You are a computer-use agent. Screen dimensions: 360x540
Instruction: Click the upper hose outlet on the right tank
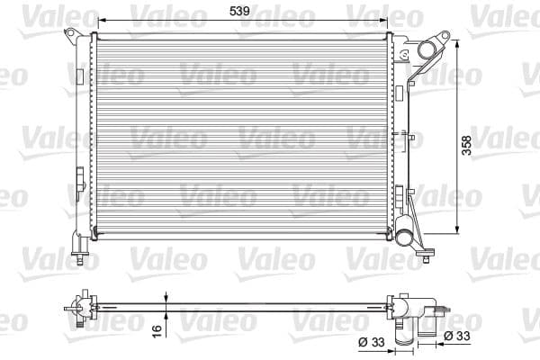click(x=436, y=45)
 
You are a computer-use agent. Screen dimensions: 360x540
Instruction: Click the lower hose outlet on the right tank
click(x=408, y=238)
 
